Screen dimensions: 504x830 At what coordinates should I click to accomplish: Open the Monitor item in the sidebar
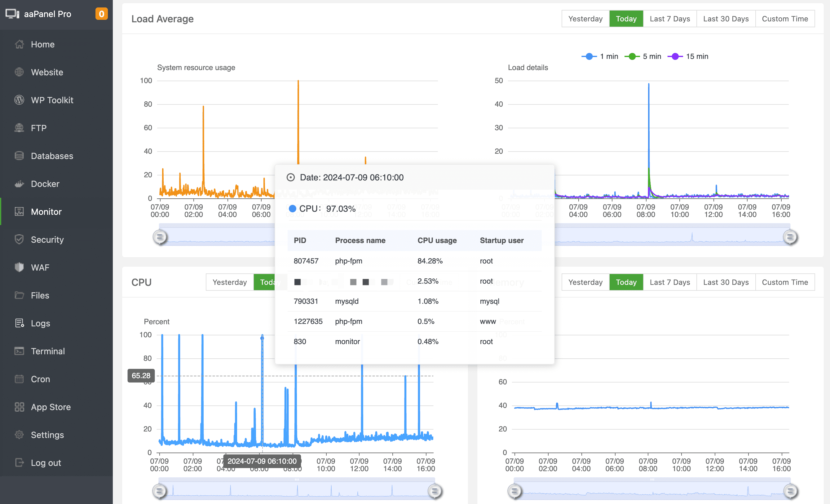click(x=46, y=212)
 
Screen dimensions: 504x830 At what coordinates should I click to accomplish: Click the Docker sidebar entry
click(x=45, y=183)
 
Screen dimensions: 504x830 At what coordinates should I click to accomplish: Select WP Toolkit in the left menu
click(x=52, y=100)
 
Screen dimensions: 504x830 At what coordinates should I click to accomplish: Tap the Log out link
click(x=46, y=462)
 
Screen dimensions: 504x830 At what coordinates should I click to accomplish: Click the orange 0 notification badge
click(x=101, y=14)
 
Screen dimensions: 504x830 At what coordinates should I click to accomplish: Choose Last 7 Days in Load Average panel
click(x=669, y=19)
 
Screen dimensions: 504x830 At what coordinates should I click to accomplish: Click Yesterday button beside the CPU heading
click(x=229, y=282)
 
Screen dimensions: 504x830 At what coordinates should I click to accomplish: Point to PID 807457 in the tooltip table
click(x=306, y=261)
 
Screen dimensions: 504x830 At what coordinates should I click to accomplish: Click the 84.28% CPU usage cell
click(x=430, y=261)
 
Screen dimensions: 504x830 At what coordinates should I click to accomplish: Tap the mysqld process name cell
click(x=347, y=301)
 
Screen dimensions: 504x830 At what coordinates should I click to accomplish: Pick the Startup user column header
click(x=501, y=240)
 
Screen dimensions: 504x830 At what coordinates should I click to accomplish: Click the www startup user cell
click(x=488, y=321)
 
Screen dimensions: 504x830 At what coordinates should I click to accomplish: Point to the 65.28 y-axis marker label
click(x=141, y=376)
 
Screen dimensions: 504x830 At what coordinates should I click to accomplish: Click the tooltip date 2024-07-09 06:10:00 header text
click(x=351, y=178)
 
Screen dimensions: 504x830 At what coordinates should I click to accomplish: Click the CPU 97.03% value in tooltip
click(x=341, y=209)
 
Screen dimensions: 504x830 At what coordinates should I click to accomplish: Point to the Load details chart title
click(x=528, y=67)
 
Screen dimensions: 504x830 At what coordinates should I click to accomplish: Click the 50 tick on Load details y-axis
click(x=499, y=81)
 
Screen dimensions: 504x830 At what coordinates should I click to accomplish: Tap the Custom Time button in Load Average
click(x=784, y=19)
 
